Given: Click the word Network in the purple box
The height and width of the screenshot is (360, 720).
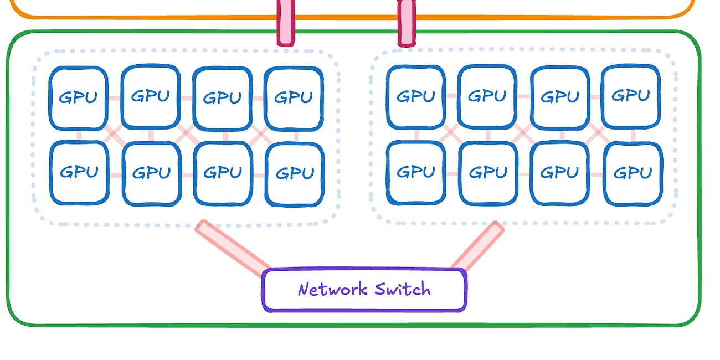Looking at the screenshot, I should (x=332, y=289).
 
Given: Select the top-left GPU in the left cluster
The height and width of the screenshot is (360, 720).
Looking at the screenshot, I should (x=78, y=98).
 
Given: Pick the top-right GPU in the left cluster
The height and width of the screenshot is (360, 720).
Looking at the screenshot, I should (x=294, y=98).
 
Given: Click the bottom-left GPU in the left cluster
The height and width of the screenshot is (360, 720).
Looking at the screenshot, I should (x=79, y=172).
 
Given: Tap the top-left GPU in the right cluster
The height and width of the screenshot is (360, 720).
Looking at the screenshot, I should (x=415, y=97).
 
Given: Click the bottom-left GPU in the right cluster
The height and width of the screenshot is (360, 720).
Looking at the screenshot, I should (x=415, y=172).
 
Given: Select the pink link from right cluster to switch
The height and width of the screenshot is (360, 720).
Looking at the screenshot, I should (x=478, y=245).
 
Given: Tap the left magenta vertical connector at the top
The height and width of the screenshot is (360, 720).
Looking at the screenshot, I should (x=286, y=22).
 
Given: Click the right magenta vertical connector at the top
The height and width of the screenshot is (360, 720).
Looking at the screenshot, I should (x=407, y=22).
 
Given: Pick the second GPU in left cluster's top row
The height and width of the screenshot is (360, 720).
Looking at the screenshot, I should (x=150, y=96).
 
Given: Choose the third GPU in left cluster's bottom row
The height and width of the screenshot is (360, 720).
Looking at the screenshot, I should (x=223, y=173).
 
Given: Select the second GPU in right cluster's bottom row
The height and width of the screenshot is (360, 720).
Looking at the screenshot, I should (x=488, y=173).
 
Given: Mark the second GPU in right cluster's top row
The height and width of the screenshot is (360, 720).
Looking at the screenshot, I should (x=487, y=96).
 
